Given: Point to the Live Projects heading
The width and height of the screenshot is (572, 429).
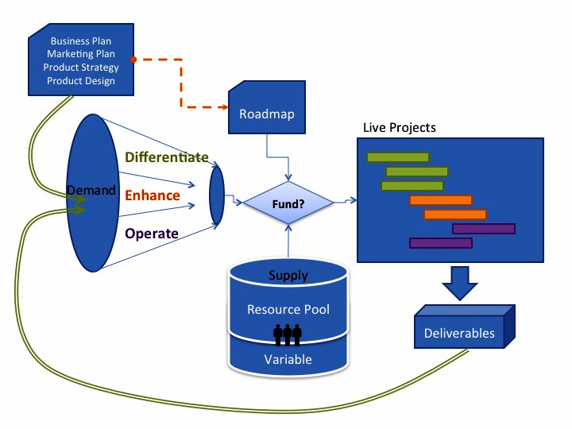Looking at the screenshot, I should coord(399,127).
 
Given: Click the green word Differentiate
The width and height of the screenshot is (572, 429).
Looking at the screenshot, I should coord(166,157).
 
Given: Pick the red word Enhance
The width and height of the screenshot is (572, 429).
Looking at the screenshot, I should coord(153,195).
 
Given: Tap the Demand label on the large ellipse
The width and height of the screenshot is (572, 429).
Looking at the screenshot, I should coord(91,191).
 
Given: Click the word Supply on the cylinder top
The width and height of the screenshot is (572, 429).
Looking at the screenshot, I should coord(288,276).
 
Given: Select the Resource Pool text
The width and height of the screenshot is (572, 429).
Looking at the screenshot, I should coord(288,310).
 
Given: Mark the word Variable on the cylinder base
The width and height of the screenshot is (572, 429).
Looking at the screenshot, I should coord(288,359).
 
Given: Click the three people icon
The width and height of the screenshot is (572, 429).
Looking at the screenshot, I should coord(288,334).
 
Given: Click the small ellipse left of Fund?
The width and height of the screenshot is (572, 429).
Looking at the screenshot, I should coord(217,194).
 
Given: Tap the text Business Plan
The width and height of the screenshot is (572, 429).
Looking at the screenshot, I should coord(80,41).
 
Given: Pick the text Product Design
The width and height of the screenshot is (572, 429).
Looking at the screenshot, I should coord(80,80).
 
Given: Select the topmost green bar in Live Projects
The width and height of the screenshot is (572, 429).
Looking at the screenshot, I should coord(397,157).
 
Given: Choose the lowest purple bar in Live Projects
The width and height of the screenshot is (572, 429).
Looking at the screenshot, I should coord(440,242).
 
